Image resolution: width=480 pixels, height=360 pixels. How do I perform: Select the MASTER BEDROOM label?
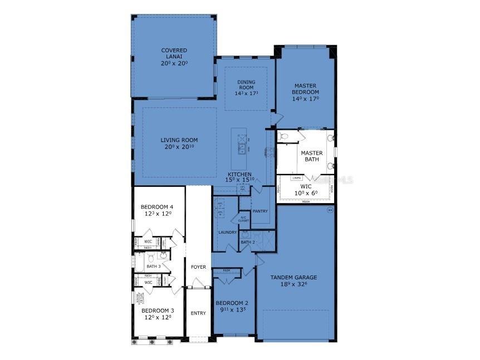tap(306, 88)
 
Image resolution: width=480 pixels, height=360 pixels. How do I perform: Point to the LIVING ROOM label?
tap(179, 140)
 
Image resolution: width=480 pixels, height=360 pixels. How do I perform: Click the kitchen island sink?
tap(242, 147)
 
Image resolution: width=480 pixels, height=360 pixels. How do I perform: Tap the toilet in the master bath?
tap(283, 136)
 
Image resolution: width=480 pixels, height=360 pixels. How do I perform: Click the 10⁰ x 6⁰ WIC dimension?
tap(306, 194)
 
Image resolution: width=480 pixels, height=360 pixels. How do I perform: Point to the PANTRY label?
tap(260, 211)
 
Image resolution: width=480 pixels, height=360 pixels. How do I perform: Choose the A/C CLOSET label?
tap(243, 219)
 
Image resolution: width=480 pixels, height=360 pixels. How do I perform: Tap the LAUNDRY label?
tap(228, 232)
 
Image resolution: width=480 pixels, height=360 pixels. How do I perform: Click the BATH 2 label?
tap(247, 242)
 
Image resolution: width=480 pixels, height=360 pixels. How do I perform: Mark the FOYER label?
tap(199, 267)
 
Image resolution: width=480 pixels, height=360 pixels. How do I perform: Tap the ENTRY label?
tap(198, 313)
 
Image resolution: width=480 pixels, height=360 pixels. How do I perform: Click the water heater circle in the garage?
tap(330, 210)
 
